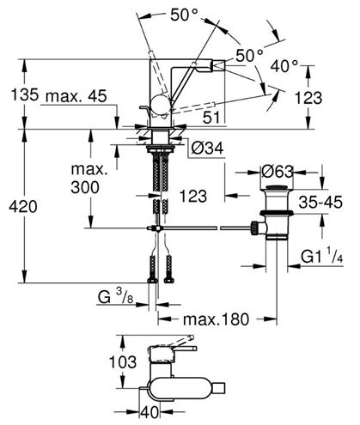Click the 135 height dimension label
24,94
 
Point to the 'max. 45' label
76,96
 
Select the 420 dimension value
23,207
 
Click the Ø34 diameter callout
207,149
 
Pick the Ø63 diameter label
277,172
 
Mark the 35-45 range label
320,203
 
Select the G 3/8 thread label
115,296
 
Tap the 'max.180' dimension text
216,319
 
